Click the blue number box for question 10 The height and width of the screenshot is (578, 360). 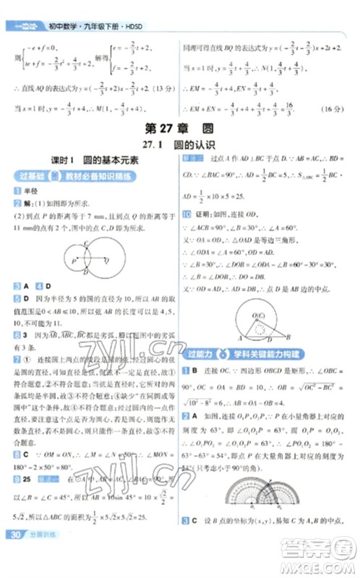[187, 215]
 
